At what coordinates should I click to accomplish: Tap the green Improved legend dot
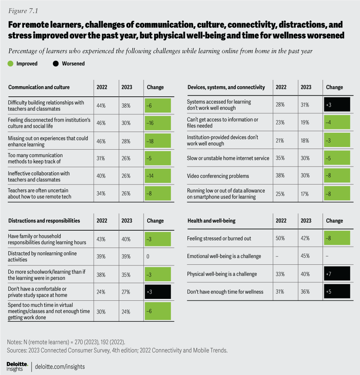click(10, 64)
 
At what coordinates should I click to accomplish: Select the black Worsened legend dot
click(56, 64)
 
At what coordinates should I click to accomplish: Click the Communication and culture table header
click(39, 87)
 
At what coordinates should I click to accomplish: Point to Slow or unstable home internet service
click(228, 158)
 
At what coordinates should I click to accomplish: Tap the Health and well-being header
click(211, 221)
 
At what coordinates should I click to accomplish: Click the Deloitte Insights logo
click(17, 366)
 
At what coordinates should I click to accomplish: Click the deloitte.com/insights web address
click(60, 367)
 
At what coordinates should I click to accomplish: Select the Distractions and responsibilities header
click(44, 221)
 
